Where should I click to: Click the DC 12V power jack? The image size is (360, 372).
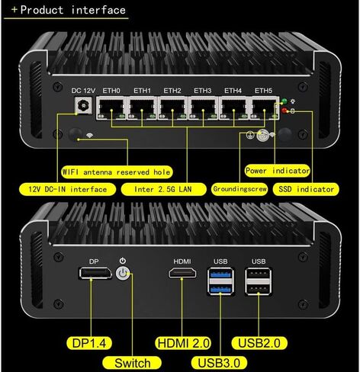83,105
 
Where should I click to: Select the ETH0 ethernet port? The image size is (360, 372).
111,108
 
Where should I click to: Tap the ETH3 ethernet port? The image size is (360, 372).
203,108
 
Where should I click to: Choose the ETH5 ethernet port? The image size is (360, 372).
265,108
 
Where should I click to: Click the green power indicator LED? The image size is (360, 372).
284,101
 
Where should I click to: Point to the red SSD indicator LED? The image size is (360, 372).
284,111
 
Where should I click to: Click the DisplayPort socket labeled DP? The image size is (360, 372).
95,273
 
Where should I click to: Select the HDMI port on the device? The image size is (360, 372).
182,273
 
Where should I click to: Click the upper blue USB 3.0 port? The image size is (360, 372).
220,274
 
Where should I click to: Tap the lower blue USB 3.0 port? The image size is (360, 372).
220,289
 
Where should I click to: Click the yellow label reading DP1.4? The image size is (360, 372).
89,343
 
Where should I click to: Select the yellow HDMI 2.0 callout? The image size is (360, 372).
183,343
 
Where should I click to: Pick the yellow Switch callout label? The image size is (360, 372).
132,363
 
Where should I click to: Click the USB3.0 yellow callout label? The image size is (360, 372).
219,363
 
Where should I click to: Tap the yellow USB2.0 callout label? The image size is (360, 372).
259,343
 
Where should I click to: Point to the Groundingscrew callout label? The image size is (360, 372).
239,189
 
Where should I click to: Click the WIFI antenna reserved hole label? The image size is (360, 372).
117,172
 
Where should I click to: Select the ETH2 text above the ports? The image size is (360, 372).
172,91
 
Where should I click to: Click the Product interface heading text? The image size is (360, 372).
69,10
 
